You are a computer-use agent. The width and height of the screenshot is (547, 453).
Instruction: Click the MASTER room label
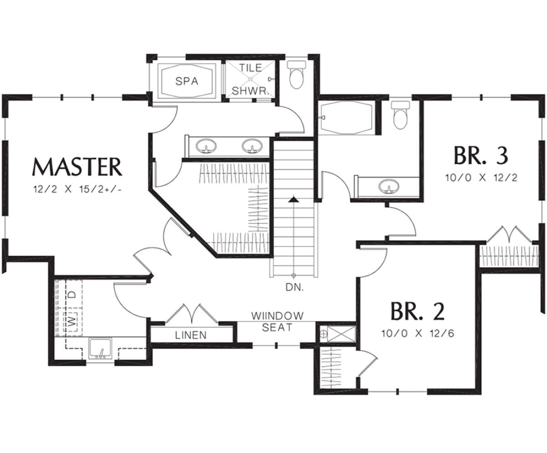(77, 167)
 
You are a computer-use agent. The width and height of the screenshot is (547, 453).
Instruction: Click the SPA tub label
(187, 81)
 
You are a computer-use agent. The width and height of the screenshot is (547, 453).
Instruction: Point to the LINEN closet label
(191, 335)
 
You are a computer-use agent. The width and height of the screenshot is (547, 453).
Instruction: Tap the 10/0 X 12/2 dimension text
(481, 178)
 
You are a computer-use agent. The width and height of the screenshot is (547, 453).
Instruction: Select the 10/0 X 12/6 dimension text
(418, 334)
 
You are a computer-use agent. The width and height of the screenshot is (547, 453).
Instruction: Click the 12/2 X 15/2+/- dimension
(77, 189)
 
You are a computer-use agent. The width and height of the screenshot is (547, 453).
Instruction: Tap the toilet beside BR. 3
(400, 115)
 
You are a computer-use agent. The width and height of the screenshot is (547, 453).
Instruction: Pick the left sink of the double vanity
(206, 146)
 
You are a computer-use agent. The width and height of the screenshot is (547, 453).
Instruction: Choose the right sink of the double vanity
(252, 146)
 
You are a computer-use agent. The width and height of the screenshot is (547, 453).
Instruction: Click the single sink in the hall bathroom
(389, 186)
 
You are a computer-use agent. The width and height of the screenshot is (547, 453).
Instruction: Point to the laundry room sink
(100, 349)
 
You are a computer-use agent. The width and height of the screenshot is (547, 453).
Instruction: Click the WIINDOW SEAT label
(277, 322)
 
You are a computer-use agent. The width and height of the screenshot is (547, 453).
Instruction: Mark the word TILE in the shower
(251, 68)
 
